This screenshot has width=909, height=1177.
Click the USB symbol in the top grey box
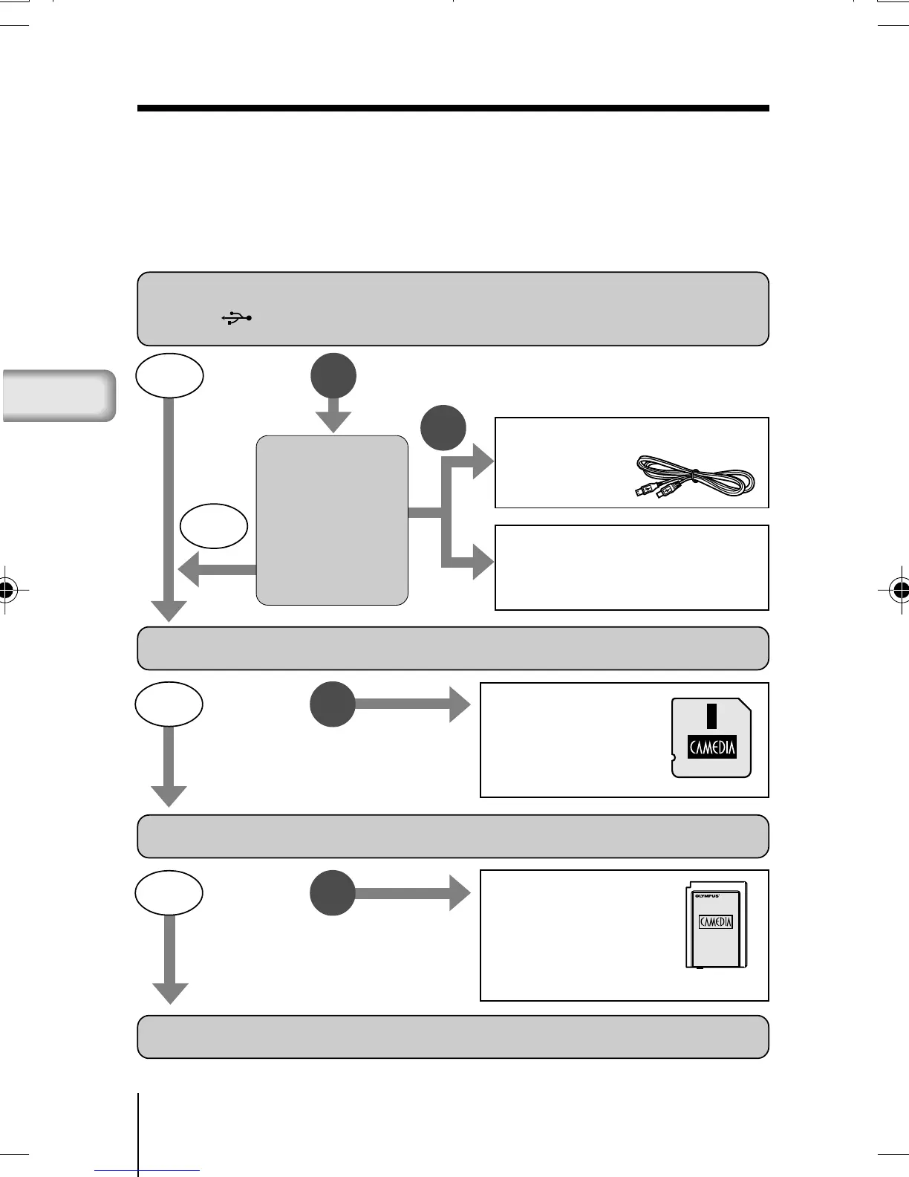237,318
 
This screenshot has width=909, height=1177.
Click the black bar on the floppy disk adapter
711,716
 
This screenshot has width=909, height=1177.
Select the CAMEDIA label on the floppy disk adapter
712,747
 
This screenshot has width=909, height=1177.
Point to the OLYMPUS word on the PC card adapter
707,895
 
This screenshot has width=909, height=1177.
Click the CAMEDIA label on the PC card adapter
716,922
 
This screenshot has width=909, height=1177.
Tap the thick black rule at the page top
453,108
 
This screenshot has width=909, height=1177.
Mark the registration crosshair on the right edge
900,591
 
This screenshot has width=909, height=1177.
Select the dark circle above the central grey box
333,376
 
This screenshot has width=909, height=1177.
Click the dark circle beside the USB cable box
443,428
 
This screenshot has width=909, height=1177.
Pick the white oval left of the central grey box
214,527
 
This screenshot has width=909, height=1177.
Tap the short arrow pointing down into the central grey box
333,415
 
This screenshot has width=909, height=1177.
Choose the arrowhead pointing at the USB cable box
483,462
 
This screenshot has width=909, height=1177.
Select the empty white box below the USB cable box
631,567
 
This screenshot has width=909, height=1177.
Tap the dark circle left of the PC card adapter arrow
333,892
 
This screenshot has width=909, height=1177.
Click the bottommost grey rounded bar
453,1036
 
